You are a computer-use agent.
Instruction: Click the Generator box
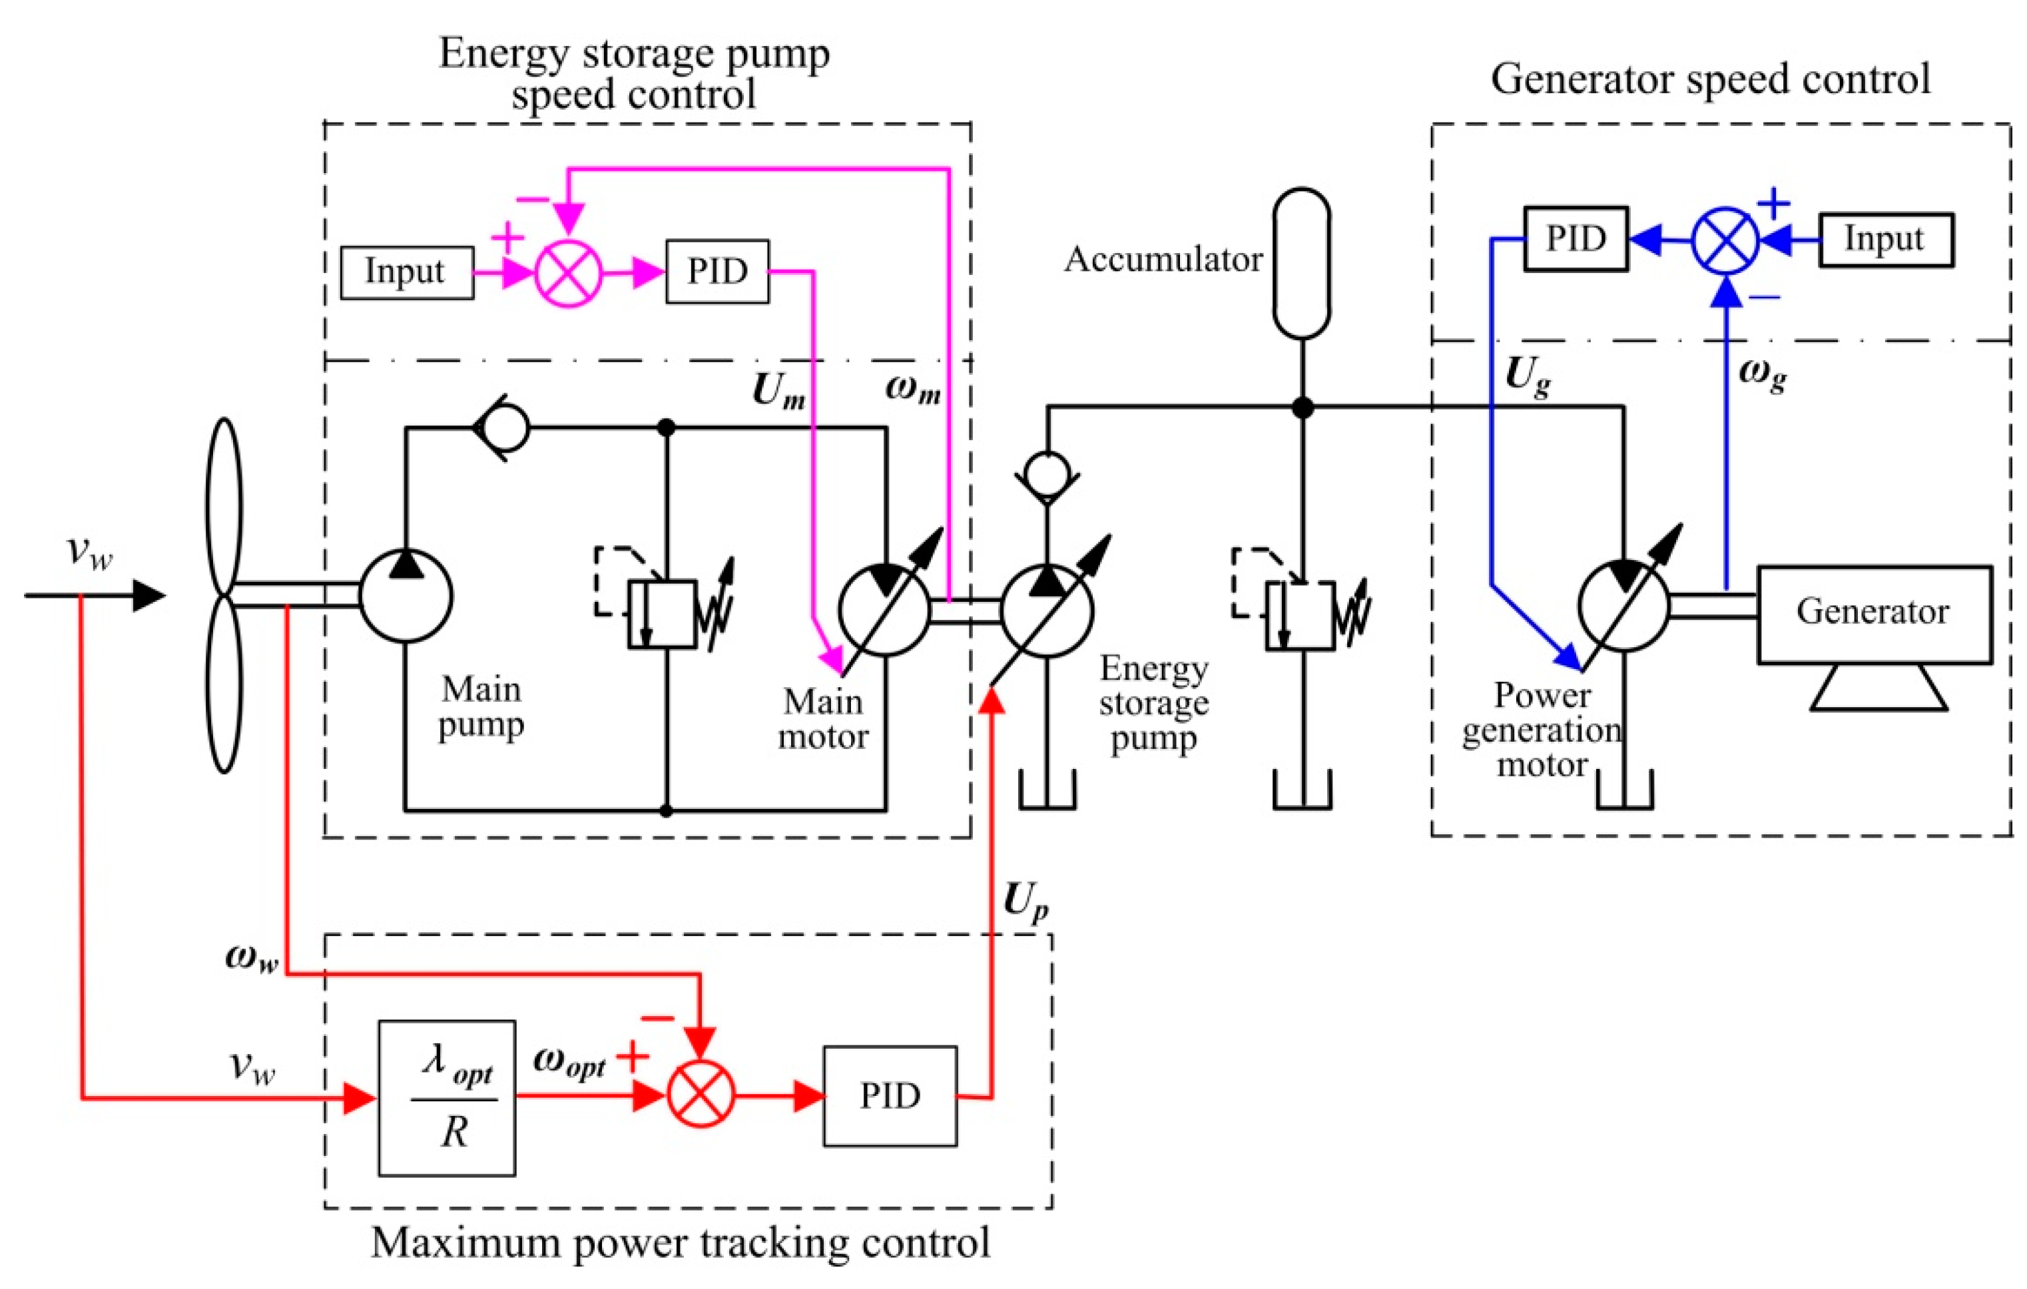pyautogui.click(x=1874, y=613)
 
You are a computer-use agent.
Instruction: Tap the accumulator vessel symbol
pyautogui.click(x=1301, y=262)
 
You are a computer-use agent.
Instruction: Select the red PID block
pyautogui.click(x=890, y=1095)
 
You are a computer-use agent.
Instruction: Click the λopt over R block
pyautogui.click(x=447, y=1097)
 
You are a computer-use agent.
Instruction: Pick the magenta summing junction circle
pyautogui.click(x=569, y=272)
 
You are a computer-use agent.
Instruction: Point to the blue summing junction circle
pyautogui.click(x=1725, y=240)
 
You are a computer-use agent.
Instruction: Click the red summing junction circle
pyautogui.click(x=701, y=1094)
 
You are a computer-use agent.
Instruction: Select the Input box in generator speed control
pyautogui.click(x=1886, y=240)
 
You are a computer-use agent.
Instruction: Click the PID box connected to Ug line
pyautogui.click(x=1576, y=239)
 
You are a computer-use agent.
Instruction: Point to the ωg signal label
pyautogui.click(x=1763, y=374)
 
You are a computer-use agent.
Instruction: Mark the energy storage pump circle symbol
pyautogui.click(x=1047, y=611)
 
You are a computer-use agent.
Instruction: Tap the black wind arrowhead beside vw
pyautogui.click(x=150, y=596)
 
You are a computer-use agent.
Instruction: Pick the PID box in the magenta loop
pyautogui.click(x=717, y=272)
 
